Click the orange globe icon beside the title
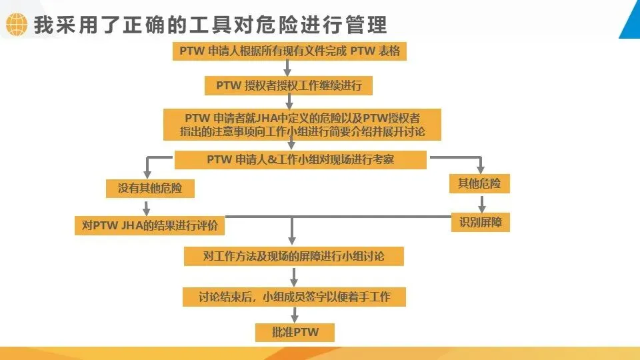click(16, 25)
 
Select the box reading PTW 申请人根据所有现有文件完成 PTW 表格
click(289, 51)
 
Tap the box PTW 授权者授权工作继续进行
click(289, 85)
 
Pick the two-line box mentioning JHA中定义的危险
click(302, 124)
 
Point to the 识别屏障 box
click(479, 222)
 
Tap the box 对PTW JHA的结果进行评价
click(149, 225)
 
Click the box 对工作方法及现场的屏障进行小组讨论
click(293, 256)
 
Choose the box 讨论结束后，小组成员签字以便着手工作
click(293, 297)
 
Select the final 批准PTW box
click(294, 332)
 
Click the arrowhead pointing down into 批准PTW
click(294, 319)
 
